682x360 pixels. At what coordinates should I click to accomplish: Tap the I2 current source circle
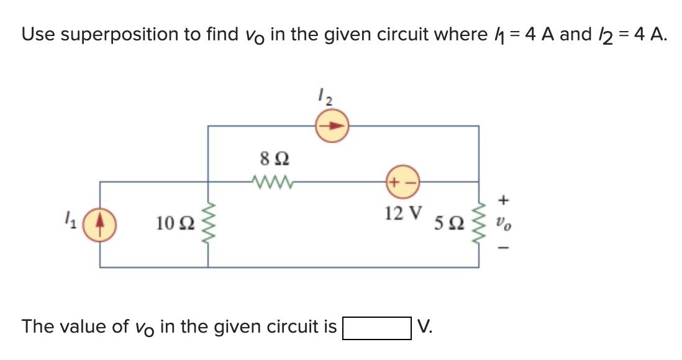[332, 126]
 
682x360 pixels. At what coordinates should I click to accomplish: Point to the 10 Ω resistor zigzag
[207, 224]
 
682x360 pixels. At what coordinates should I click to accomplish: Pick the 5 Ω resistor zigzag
[478, 224]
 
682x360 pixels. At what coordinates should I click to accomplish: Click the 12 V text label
[403, 213]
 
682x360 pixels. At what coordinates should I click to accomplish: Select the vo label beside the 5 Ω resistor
[504, 223]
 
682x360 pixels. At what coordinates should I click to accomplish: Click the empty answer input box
[377, 327]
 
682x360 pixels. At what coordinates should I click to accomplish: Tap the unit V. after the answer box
[425, 326]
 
